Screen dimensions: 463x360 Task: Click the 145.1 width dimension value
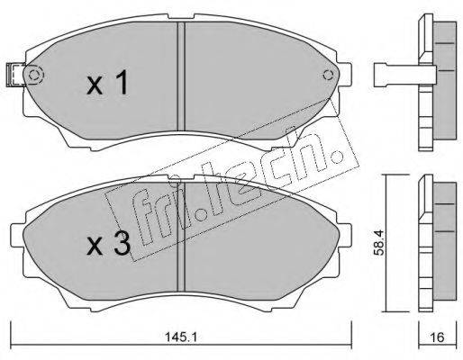[x=180, y=337]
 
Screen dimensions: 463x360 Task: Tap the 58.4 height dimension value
[x=378, y=242]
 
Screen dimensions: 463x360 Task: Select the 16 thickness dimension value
[x=438, y=337]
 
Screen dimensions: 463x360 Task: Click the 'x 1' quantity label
[x=108, y=83]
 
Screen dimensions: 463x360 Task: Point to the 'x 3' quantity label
[x=109, y=245]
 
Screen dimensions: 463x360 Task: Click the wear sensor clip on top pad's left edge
[x=15, y=76]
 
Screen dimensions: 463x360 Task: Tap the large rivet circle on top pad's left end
[x=35, y=75]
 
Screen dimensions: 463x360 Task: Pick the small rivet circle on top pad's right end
[x=328, y=76]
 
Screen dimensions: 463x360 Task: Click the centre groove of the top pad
[x=181, y=76]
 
